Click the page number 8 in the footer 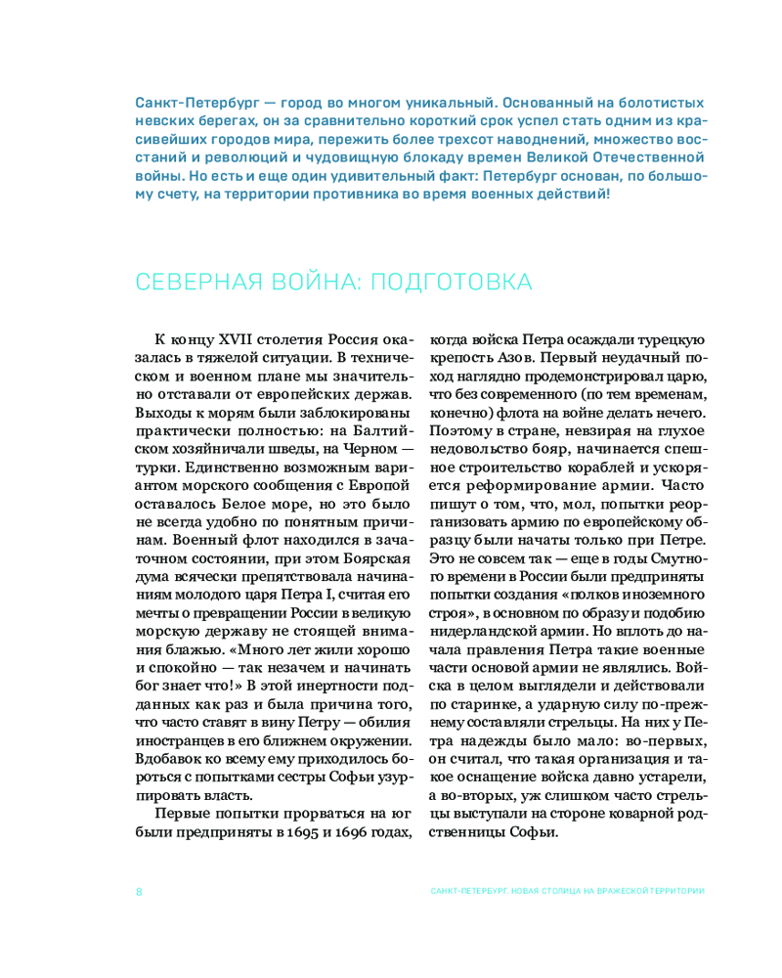tap(140, 891)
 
